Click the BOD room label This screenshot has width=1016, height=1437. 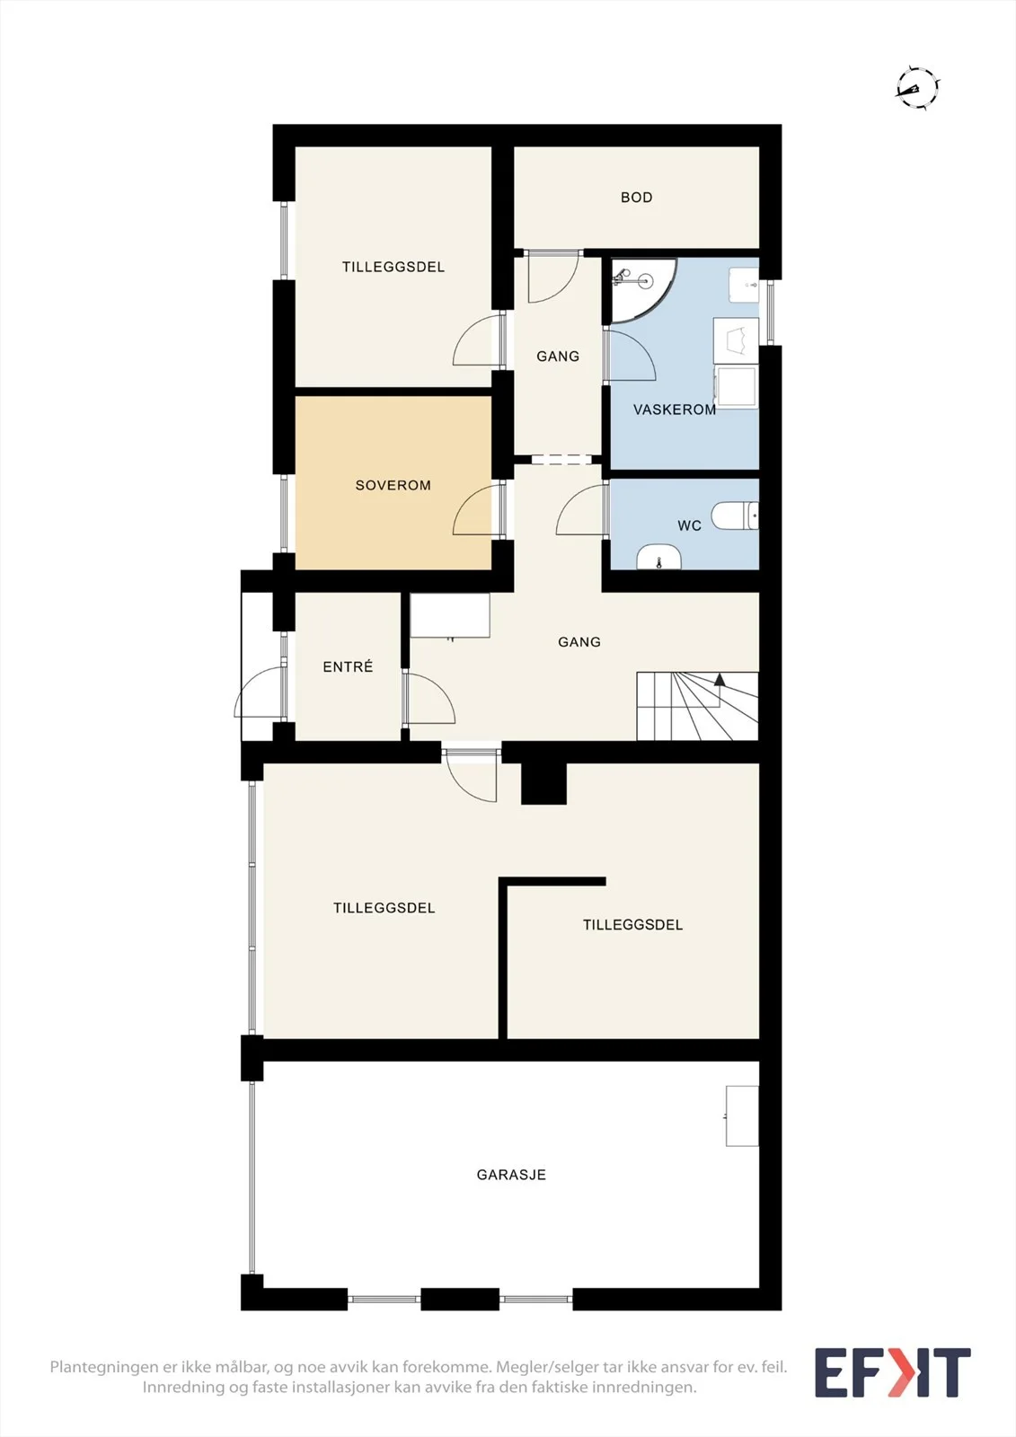coord(636,198)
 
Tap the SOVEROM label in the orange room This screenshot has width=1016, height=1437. coord(393,486)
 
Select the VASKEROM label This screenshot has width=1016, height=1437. coord(675,410)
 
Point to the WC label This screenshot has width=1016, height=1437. coord(689,526)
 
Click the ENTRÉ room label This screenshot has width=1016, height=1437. coord(348,667)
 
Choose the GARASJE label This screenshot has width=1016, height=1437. coord(511,1175)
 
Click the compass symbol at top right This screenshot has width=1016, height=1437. coord(917,88)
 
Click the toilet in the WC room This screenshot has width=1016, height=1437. coord(736,516)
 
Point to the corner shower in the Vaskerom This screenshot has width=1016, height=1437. coord(641,289)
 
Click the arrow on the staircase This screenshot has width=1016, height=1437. coord(720,679)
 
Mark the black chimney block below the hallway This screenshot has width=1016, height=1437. coord(543,783)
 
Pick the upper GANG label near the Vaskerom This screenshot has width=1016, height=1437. coord(558,357)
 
